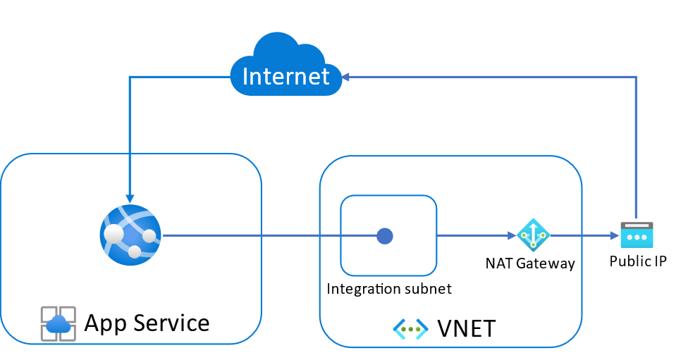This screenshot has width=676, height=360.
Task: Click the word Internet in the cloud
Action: pos(285,76)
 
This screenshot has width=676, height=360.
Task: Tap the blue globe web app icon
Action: pos(130,235)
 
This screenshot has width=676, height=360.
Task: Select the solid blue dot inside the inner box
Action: pos(385,236)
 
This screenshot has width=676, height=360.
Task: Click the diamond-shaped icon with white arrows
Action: pos(533,235)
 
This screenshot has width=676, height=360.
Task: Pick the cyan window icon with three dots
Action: pos(637,235)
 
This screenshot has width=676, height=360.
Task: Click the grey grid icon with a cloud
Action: pos(58,323)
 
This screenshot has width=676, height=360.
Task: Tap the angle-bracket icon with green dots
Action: pos(410,329)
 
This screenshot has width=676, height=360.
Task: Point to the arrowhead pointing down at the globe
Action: pos(130,199)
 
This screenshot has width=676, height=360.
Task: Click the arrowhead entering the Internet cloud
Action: pos(347,76)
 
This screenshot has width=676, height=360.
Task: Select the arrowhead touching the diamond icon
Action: pos(512,236)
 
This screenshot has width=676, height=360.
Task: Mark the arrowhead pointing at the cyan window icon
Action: pos(615,236)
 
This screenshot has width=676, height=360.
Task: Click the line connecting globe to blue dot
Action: pos(268,235)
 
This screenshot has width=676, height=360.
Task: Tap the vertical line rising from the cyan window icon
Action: pos(637,148)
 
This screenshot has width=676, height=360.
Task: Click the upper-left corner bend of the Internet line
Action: pos(130,77)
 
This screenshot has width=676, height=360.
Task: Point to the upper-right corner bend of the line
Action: pos(637,77)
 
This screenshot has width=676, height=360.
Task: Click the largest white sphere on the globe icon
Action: pos(113,233)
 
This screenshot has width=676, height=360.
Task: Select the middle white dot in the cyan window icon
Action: pos(637,237)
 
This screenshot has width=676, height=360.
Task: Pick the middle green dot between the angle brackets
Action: pos(410,329)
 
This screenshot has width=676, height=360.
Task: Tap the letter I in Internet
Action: pos(246,76)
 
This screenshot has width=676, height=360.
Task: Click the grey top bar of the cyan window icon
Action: pos(637,225)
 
